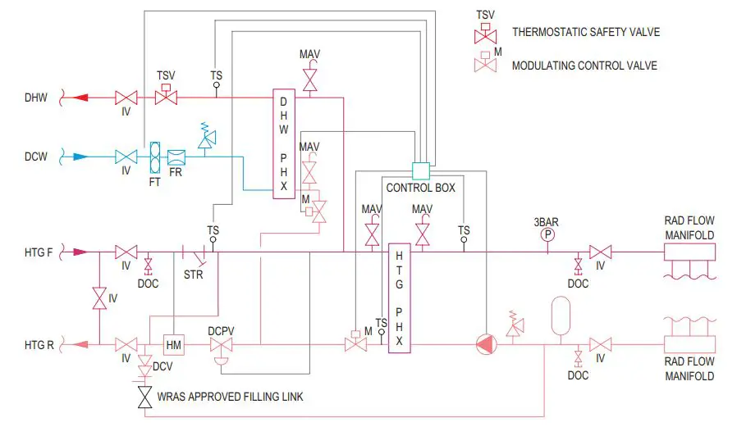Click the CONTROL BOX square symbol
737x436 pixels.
[x=420, y=171]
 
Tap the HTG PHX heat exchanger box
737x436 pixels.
[x=398, y=297]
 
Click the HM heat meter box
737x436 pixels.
[x=174, y=344]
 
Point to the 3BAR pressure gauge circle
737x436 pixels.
[x=547, y=234]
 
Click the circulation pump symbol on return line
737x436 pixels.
[x=487, y=344]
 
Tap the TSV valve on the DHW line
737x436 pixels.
[x=167, y=97]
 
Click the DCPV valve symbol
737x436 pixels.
[x=220, y=346]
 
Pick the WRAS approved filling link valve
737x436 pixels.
[x=145, y=397]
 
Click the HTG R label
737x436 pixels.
[x=39, y=345]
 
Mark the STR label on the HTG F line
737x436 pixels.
[x=194, y=275]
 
